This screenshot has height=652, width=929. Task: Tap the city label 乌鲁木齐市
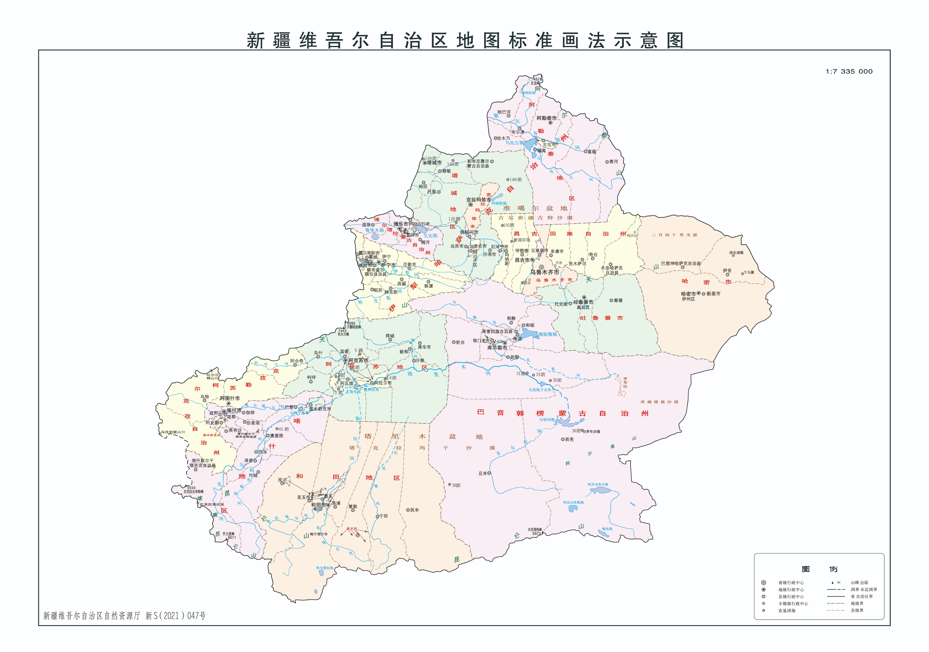(545, 272)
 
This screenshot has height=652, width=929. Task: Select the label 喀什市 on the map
(234, 410)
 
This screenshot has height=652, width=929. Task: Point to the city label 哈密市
(688, 294)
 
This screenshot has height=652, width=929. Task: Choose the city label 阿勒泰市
(547, 118)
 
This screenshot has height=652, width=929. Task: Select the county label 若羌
(569, 439)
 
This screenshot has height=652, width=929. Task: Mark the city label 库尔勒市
(497, 348)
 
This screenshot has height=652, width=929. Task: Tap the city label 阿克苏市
(358, 360)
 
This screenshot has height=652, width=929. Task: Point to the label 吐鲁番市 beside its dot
(583, 302)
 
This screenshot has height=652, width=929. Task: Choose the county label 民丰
(414, 510)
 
